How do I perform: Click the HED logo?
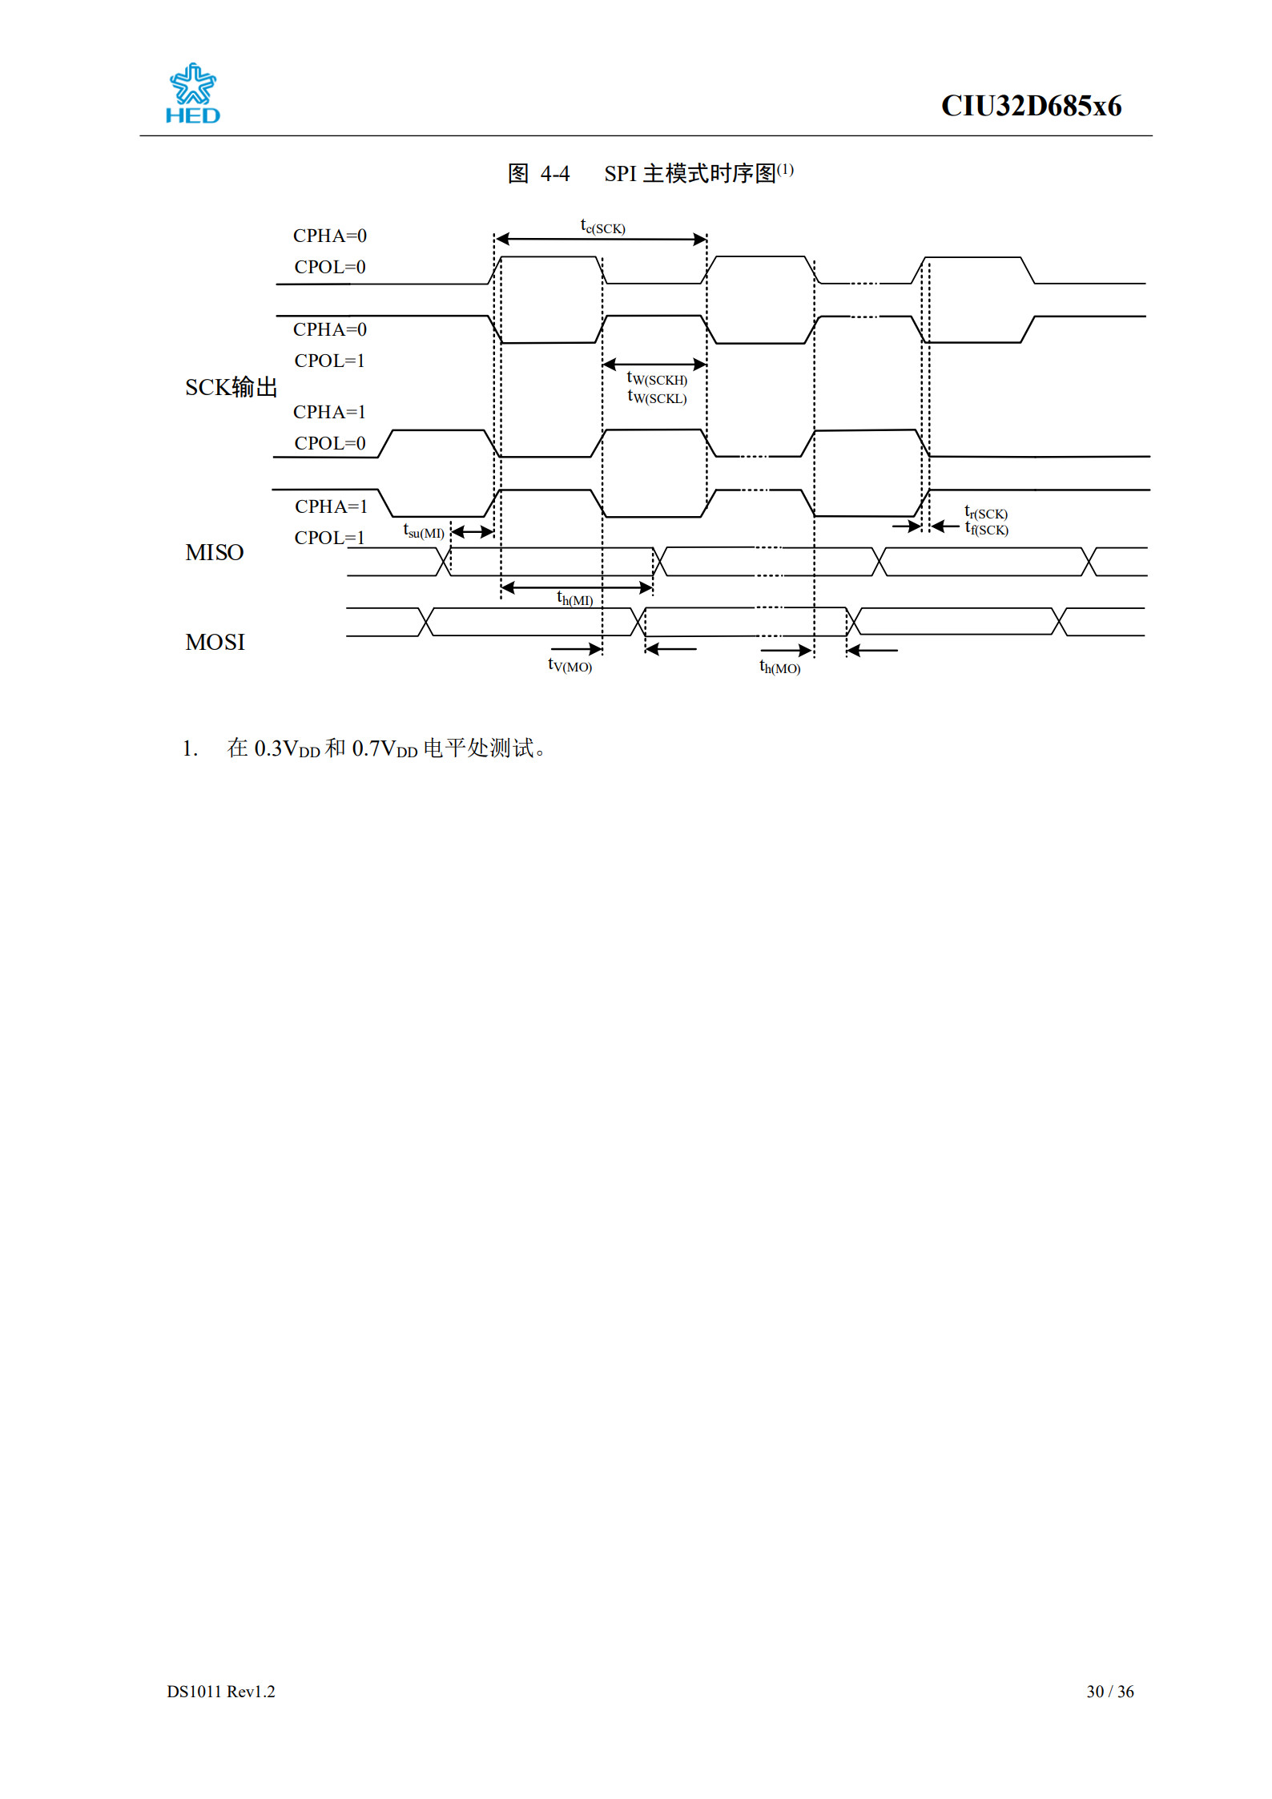coord(192,94)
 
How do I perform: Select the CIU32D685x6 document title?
coord(1031,106)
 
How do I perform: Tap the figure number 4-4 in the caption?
coord(555,174)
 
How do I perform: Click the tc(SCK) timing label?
coord(602,227)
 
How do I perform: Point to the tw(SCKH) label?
coord(657,378)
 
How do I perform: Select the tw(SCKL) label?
coord(657,397)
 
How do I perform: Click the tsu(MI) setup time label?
coord(424,531)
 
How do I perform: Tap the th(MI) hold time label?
coord(575,599)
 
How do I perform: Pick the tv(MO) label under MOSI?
coord(570,665)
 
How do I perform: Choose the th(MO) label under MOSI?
coord(779,667)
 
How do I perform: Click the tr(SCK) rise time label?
coord(986,512)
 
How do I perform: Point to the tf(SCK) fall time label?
coord(986,529)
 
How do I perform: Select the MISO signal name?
coord(215,552)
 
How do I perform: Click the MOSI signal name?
coord(215,642)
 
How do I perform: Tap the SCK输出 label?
coord(231,387)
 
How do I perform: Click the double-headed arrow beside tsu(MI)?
coord(473,531)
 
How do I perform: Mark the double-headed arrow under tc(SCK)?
coord(601,239)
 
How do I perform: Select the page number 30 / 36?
coord(1109,1691)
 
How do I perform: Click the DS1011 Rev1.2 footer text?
coord(221,1691)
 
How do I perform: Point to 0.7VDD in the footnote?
coord(384,748)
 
